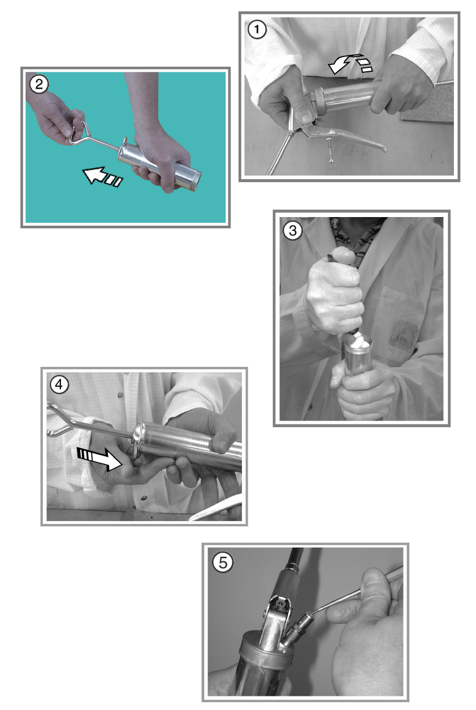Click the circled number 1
click(257, 29)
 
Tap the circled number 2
click(39, 85)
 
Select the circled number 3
click(292, 231)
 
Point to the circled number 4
click(59, 385)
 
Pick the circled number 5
click(223, 562)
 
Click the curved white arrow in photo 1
click(349, 64)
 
